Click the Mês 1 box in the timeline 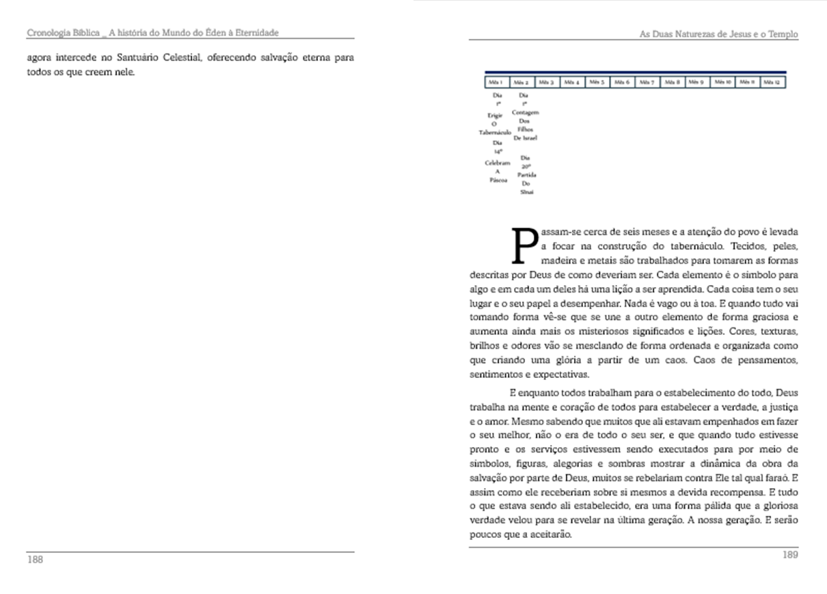pyautogui.click(x=497, y=82)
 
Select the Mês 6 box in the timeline pyautogui.click(x=622, y=82)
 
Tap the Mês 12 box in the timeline pyautogui.click(x=772, y=82)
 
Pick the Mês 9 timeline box pyautogui.click(x=697, y=82)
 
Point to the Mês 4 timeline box pyautogui.click(x=572, y=82)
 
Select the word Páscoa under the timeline pyautogui.click(x=498, y=181)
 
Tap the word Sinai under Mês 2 pyautogui.click(x=526, y=192)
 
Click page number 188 pyautogui.click(x=35, y=559)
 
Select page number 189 pyautogui.click(x=790, y=555)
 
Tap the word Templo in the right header pyautogui.click(x=781, y=34)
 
